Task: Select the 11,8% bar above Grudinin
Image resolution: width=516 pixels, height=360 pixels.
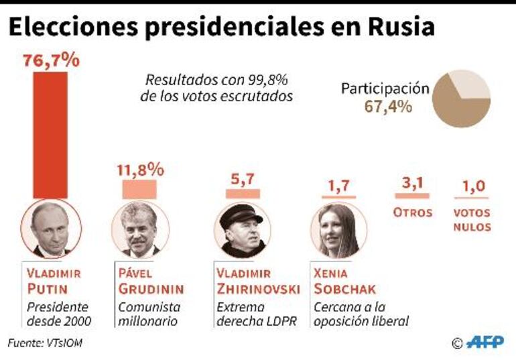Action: pyautogui.click(x=139, y=189)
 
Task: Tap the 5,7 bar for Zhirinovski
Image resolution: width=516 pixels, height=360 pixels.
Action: pyautogui.click(x=243, y=193)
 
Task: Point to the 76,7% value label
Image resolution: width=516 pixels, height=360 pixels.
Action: pyautogui.click(x=51, y=60)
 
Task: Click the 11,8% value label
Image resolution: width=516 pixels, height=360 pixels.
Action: pyautogui.click(x=140, y=170)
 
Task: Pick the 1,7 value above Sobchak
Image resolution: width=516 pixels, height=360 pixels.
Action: pyautogui.click(x=338, y=186)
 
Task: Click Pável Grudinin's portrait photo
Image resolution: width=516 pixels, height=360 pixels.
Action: pyautogui.click(x=140, y=230)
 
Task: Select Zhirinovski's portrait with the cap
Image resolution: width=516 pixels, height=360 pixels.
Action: pyautogui.click(x=242, y=230)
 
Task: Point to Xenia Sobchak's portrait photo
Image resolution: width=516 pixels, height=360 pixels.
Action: pyautogui.click(x=338, y=230)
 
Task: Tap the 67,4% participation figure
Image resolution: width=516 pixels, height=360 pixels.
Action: pyautogui.click(x=388, y=106)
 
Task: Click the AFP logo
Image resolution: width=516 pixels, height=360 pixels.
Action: pyautogui.click(x=485, y=342)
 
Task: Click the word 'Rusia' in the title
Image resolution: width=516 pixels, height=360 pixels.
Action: pyautogui.click(x=401, y=27)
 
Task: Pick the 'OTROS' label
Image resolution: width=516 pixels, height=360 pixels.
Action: pyautogui.click(x=412, y=213)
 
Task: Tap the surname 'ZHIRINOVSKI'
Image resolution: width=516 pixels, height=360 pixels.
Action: pyautogui.click(x=258, y=290)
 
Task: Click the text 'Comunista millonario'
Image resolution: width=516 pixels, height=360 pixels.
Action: pyautogui.click(x=148, y=314)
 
